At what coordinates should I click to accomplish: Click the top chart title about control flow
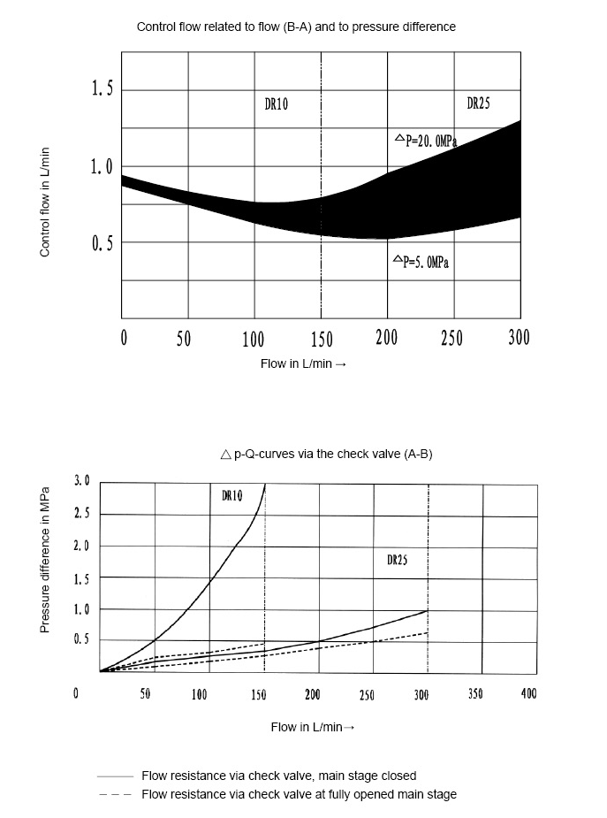296,27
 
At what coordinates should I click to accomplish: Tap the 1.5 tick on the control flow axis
102,90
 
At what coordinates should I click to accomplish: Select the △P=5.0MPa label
423,263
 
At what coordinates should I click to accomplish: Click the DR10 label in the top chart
277,104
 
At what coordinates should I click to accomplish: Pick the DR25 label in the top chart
478,103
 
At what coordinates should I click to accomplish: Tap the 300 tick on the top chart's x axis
519,337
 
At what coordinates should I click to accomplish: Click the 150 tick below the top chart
321,337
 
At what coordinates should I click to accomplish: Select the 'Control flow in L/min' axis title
44,202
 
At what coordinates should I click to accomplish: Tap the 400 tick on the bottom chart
528,694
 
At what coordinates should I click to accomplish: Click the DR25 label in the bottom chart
397,560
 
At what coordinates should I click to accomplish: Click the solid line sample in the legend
114,776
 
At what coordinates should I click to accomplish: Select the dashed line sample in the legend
114,794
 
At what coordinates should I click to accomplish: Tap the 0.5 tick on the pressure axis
81,638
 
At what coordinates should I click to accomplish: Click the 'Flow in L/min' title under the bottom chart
312,727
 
